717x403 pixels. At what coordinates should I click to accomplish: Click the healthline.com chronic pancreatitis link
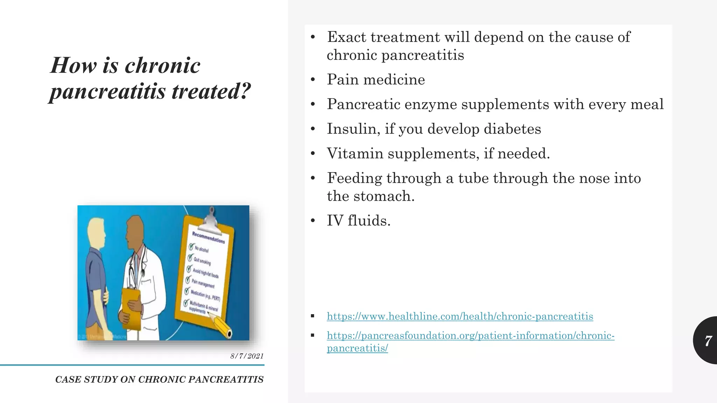coord(460,316)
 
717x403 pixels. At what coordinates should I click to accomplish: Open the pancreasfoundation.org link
coord(470,335)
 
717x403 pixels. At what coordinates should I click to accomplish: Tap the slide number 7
coord(708,340)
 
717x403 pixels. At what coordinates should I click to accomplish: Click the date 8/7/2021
coord(247,356)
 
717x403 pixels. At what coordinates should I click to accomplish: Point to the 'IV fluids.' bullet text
coord(358,220)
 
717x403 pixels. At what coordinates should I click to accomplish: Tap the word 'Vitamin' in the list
coord(355,153)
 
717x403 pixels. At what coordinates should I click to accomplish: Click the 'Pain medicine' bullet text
coord(376,79)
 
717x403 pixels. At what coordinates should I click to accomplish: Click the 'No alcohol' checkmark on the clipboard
coord(191,246)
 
